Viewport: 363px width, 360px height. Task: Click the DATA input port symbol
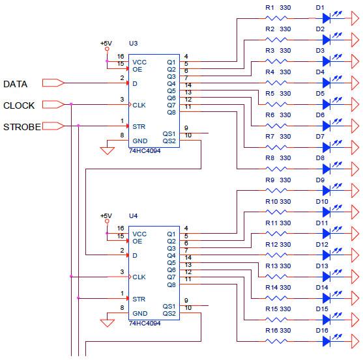[x=53, y=83]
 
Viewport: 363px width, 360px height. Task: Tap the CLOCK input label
[x=19, y=105]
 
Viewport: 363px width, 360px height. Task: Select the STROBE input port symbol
[x=53, y=126]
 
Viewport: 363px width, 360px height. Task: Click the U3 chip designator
[x=134, y=43]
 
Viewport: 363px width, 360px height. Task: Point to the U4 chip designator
[x=134, y=215]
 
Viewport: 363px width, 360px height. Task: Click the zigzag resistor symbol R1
[x=276, y=18]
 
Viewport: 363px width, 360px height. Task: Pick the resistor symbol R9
[x=276, y=190]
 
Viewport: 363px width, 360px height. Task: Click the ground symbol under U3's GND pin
[x=108, y=151]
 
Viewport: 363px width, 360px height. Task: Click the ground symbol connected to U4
[x=108, y=323]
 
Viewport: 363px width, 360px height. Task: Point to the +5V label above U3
[x=106, y=43]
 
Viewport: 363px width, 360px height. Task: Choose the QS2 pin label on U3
[x=169, y=141]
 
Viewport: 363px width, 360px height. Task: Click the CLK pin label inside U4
[x=139, y=277]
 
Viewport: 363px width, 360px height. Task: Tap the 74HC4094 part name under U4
[x=145, y=324]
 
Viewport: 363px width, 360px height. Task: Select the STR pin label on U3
[x=139, y=127]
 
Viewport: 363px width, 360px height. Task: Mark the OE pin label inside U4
[x=137, y=242]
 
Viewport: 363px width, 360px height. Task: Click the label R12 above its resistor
[x=271, y=244]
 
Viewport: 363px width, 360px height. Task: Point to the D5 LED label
[x=320, y=94]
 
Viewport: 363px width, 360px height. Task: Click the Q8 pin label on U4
[x=171, y=285]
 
